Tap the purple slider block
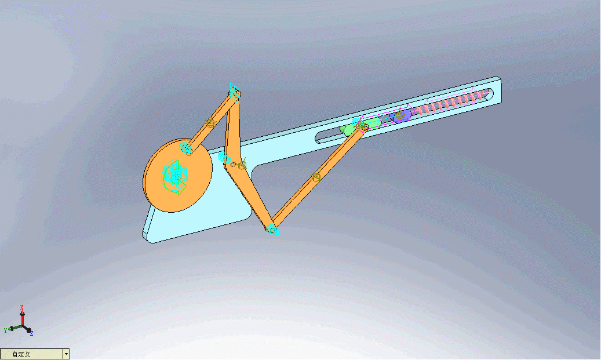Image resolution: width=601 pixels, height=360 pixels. point(402,115)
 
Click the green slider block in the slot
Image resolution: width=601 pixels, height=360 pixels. point(349,130)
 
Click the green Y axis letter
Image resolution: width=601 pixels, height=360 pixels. point(5,329)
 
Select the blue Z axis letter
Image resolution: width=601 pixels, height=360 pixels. point(31,334)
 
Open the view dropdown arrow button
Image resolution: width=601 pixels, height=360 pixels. point(67,354)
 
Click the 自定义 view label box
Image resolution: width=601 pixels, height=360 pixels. point(31,354)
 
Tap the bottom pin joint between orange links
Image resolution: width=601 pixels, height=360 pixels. point(272,230)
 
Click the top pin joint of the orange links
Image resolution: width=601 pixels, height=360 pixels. point(235,92)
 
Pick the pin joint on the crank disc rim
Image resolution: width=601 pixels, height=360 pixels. point(185,148)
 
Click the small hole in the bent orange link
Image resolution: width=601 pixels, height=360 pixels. point(233,165)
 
